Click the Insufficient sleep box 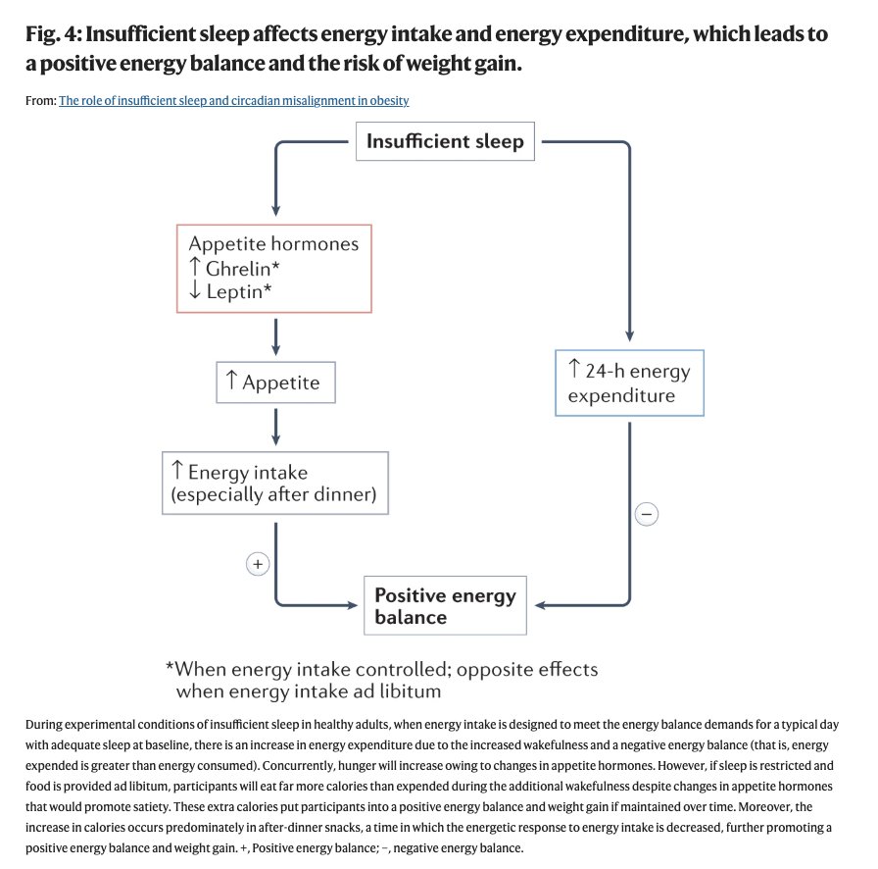445,141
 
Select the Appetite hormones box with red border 273,269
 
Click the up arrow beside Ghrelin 194,267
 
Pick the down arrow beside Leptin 194,289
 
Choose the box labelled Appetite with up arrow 275,383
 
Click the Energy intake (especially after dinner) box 275,483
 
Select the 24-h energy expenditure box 629,383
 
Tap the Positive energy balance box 445,605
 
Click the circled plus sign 258,564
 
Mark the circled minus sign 647,514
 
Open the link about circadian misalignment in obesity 234,101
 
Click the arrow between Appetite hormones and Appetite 275,337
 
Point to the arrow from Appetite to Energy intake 275,428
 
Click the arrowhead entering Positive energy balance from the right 540,605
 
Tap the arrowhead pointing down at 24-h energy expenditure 630,336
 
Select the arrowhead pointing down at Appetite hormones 275,211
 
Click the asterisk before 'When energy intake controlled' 170,666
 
